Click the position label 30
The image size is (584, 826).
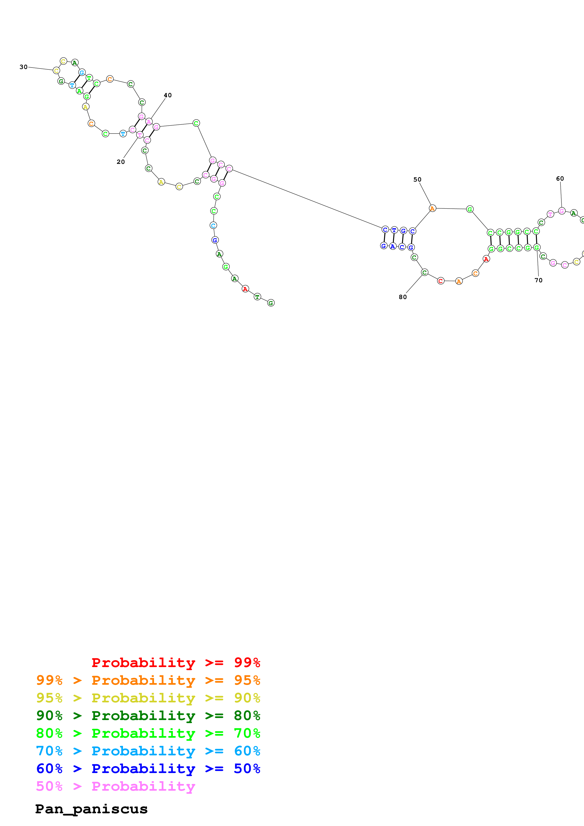pos(23,67)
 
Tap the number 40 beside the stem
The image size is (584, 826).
pos(168,95)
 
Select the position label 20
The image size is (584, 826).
pos(121,162)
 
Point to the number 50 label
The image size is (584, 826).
pos(417,179)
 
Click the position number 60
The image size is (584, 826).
pos(560,178)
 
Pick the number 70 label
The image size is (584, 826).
pos(538,280)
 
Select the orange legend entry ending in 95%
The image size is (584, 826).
pos(148,680)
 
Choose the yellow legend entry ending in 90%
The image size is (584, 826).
pos(148,698)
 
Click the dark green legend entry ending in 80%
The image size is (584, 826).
pos(148,716)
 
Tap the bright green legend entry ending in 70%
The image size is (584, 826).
pos(148,733)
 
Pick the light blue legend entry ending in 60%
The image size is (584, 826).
pos(148,751)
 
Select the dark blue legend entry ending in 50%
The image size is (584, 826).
pos(148,769)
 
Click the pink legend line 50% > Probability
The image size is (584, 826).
pos(115,786)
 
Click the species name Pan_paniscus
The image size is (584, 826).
pos(91,809)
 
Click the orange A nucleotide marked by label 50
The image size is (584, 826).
pos(432,208)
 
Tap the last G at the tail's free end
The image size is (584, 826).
pos(271,303)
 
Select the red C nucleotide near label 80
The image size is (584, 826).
pos(441,281)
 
